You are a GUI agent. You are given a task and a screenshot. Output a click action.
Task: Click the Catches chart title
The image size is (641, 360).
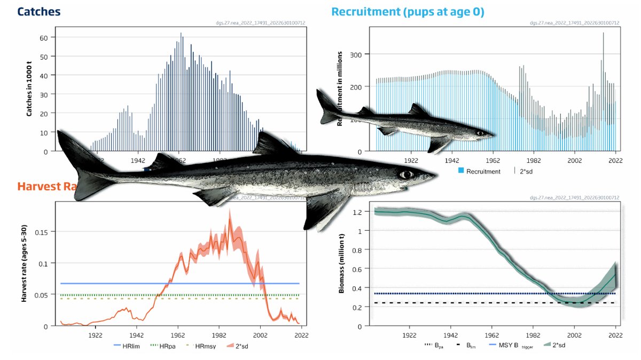tap(39, 11)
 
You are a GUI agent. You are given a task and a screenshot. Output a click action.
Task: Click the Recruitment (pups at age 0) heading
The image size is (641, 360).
tap(408, 11)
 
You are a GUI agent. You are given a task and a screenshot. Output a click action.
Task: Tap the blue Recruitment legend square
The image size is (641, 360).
tap(461, 171)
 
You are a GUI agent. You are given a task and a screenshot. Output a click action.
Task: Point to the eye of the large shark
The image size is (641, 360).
tap(407, 175)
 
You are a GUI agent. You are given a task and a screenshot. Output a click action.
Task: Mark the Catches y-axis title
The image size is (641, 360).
tap(30, 87)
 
